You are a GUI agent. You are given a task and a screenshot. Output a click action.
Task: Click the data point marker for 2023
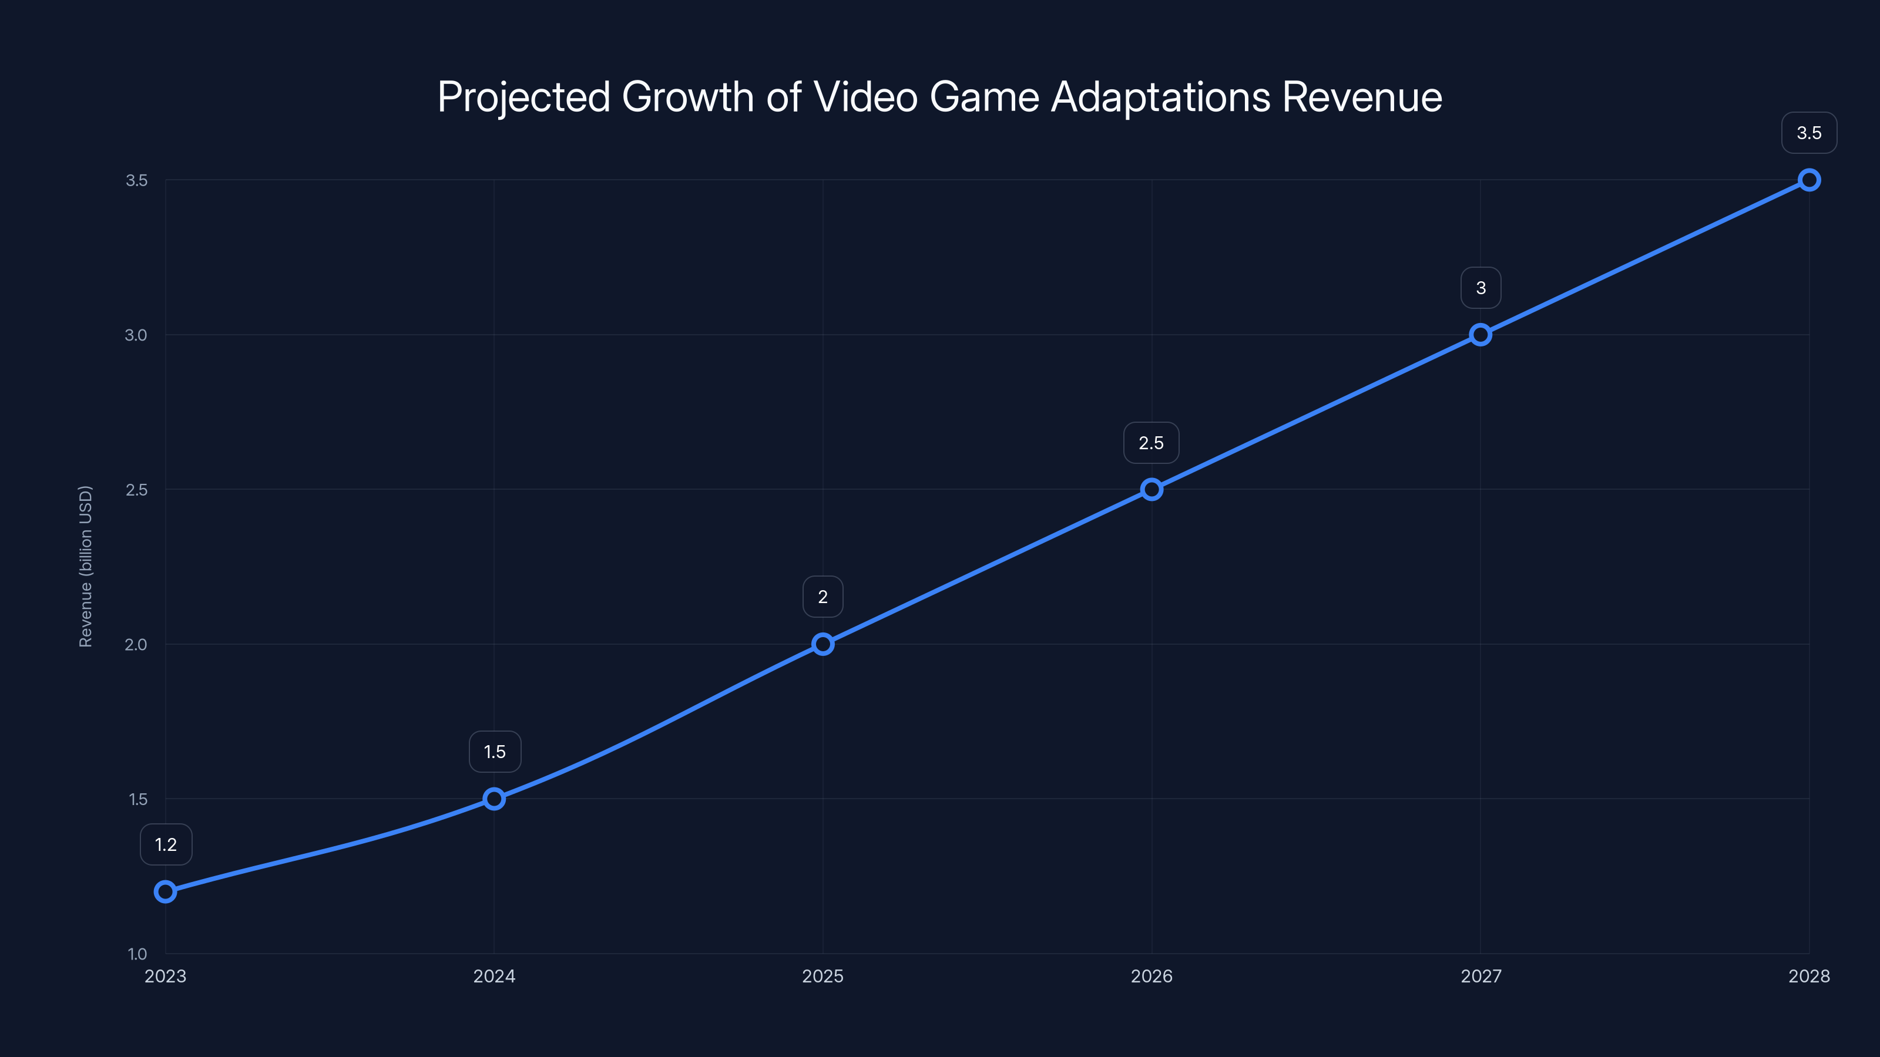point(166,891)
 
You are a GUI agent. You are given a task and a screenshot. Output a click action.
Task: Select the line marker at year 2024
point(494,799)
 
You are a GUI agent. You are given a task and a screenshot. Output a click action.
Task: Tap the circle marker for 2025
point(822,644)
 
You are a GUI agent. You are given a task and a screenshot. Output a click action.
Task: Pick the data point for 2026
point(1151,490)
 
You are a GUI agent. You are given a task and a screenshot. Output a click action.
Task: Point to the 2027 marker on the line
point(1480,335)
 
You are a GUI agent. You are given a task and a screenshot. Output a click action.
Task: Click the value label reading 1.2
point(166,845)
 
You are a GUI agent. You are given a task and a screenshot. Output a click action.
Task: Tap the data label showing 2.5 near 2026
point(1151,443)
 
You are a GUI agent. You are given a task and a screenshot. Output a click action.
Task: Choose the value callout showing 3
point(1480,288)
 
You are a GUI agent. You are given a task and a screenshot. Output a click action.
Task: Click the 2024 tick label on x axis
point(494,976)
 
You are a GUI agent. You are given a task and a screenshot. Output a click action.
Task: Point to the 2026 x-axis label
point(1151,976)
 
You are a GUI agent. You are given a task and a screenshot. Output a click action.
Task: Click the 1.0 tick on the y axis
point(137,954)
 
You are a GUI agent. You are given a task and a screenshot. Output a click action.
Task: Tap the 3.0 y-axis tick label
point(136,335)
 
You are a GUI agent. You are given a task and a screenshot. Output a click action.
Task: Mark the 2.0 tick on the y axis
point(136,644)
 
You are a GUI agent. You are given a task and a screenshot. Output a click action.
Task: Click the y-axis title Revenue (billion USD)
point(85,566)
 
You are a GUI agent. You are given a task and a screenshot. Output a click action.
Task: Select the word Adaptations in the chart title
point(1160,97)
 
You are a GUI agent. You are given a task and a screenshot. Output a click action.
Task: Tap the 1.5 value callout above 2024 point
point(494,752)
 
